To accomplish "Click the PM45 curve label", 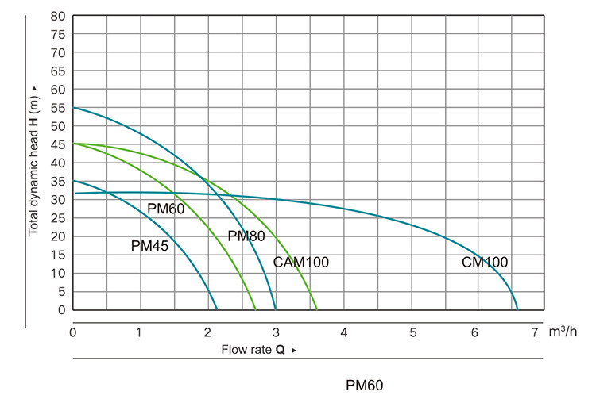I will pyautogui.click(x=149, y=246).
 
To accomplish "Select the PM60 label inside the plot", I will pyautogui.click(x=166, y=209).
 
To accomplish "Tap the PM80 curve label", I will pyautogui.click(x=246, y=236).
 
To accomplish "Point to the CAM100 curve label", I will pyautogui.click(x=300, y=263).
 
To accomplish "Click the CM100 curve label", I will pyautogui.click(x=485, y=263).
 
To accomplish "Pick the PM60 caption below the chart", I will pyautogui.click(x=365, y=386).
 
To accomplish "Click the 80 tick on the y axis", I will pyautogui.click(x=57, y=16).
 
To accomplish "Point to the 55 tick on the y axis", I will pyautogui.click(x=57, y=108).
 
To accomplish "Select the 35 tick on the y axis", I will pyautogui.click(x=57, y=181).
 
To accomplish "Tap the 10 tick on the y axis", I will pyautogui.click(x=57, y=273).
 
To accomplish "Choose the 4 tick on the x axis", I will pyautogui.click(x=344, y=330).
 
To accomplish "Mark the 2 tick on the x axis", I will pyautogui.click(x=209, y=330).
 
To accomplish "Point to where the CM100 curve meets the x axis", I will pyautogui.click(x=517, y=309).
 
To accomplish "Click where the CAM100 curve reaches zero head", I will pyautogui.click(x=317, y=309).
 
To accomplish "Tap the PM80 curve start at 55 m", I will pyautogui.click(x=74, y=108).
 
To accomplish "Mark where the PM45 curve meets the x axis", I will pyautogui.click(x=217, y=309).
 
